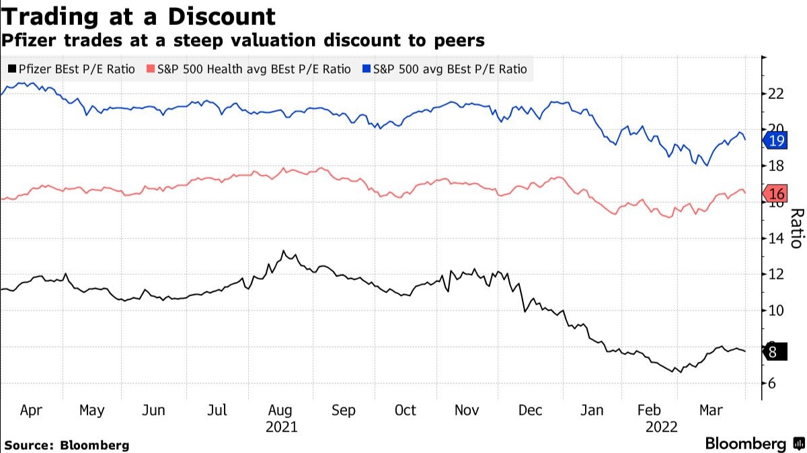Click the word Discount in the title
click(221, 17)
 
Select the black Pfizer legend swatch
click(12, 69)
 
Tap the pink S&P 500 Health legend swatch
click(151, 69)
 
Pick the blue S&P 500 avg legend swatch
click(367, 69)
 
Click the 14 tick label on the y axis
click(776, 238)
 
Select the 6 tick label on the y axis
click(772, 383)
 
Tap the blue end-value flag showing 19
click(775, 140)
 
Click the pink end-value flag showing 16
click(775, 194)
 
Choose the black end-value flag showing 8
click(775, 351)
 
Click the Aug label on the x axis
click(280, 411)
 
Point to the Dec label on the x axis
click(530, 410)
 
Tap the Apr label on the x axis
click(31, 411)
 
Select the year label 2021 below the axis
click(281, 427)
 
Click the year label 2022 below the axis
click(662, 427)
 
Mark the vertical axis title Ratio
click(798, 228)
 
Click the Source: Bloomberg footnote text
click(67, 445)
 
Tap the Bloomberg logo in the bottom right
click(755, 444)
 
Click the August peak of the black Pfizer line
click(284, 250)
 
